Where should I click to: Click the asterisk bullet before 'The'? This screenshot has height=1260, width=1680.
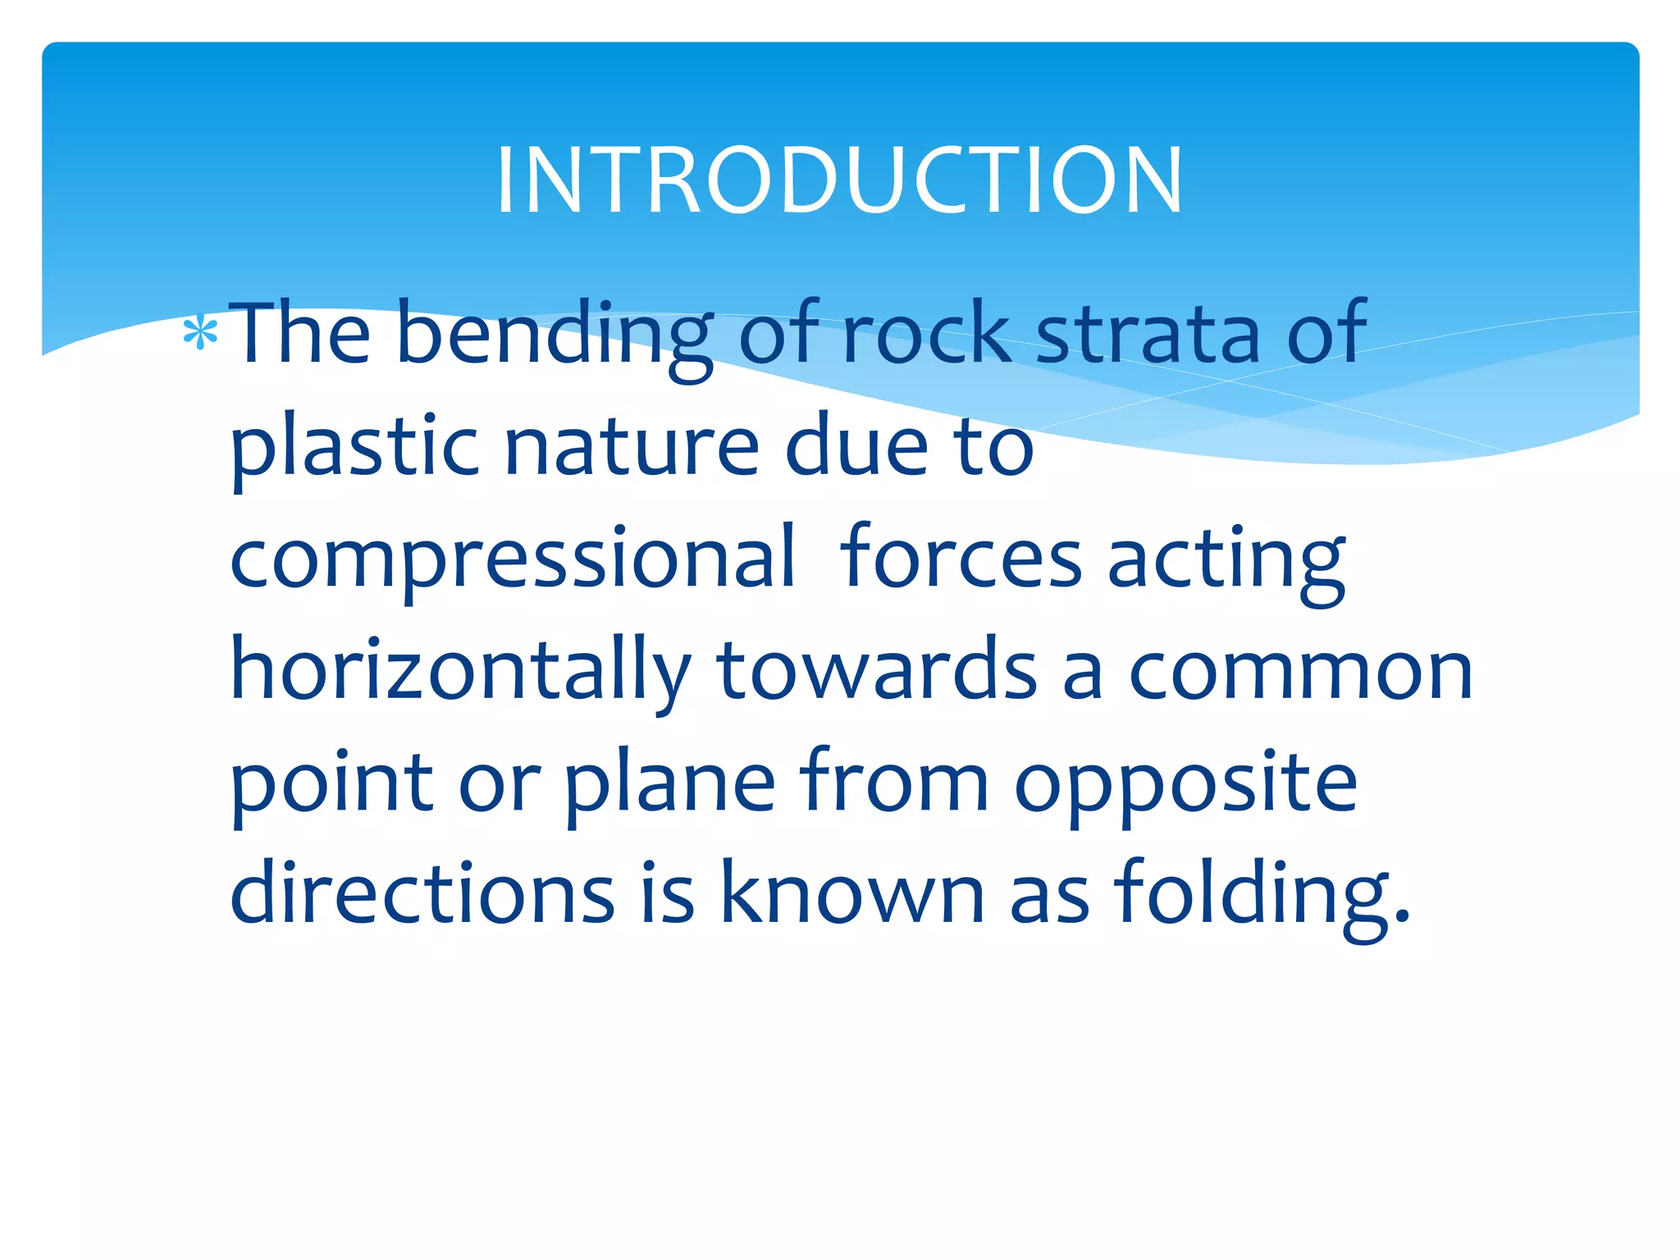coord(200,334)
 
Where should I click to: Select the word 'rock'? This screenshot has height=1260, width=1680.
coord(926,332)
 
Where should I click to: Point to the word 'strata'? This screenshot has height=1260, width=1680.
coord(1148,332)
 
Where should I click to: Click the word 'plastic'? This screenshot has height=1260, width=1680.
coord(354,447)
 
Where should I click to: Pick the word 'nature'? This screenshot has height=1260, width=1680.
coord(632,447)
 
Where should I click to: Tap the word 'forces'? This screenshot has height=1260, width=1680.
coord(961,558)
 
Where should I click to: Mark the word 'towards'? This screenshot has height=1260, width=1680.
coord(877,670)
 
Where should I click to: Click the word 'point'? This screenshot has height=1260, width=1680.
coord(331,783)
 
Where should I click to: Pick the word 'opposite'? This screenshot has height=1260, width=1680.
coord(1186,783)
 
